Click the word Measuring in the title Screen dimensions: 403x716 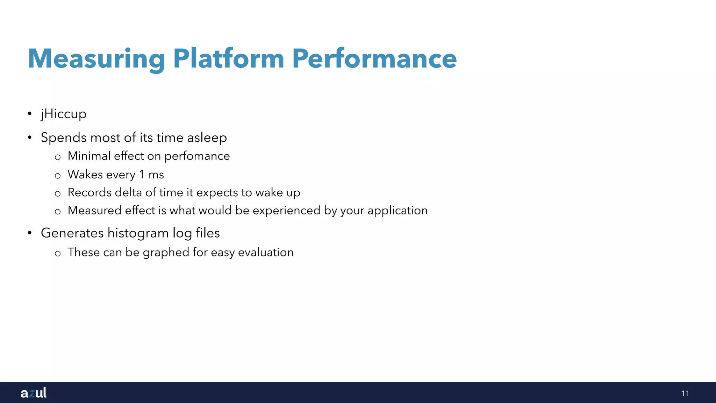click(x=96, y=59)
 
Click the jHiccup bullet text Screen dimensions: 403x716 click(x=64, y=114)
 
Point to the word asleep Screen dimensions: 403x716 click(x=207, y=137)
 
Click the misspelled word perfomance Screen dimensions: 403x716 click(x=197, y=156)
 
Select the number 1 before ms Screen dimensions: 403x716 click(x=142, y=174)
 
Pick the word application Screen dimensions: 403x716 click(x=398, y=211)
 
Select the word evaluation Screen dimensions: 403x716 click(x=266, y=252)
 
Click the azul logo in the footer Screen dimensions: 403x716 click(x=34, y=393)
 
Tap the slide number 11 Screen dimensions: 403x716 click(x=685, y=393)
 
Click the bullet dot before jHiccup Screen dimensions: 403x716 click(x=30, y=114)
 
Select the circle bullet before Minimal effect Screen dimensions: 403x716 click(x=58, y=157)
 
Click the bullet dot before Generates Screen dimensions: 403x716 click(x=30, y=233)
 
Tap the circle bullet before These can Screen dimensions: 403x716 click(x=58, y=253)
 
